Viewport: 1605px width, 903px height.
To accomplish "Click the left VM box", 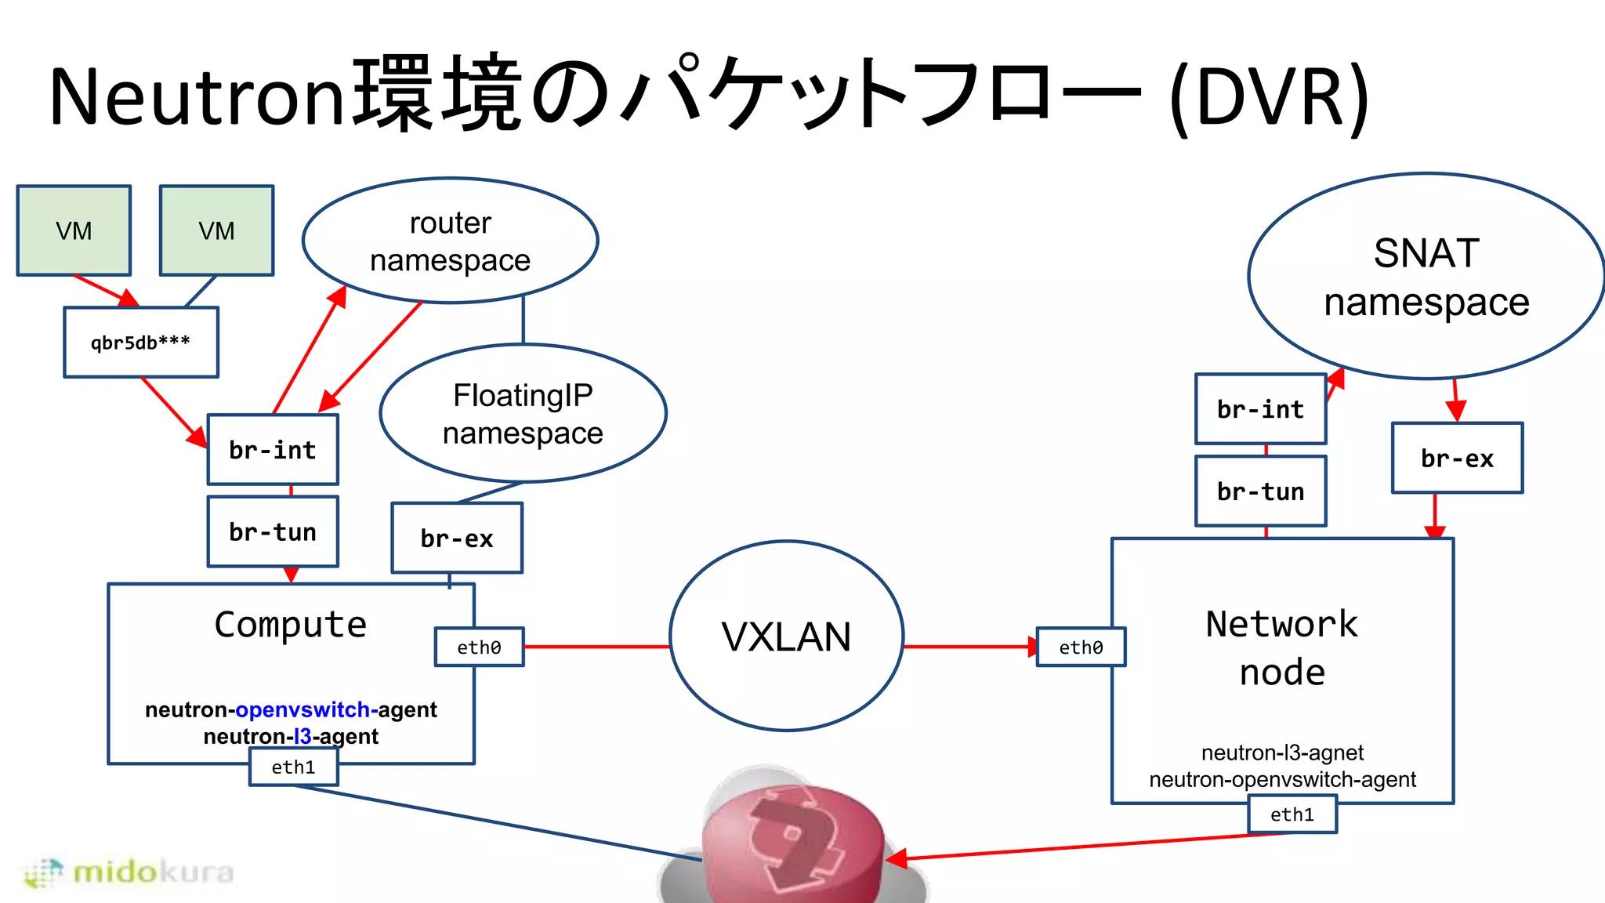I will click(x=74, y=230).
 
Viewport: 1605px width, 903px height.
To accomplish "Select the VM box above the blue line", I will click(x=216, y=230).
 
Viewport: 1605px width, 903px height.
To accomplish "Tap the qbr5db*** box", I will click(x=141, y=343).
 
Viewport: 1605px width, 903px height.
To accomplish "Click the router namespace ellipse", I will click(x=450, y=241).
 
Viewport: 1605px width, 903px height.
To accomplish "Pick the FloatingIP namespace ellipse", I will click(x=523, y=414).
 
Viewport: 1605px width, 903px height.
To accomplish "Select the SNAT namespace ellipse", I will click(x=1426, y=277).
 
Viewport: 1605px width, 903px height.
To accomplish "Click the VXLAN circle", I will click(x=786, y=636).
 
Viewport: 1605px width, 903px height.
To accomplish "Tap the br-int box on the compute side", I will click(x=273, y=450).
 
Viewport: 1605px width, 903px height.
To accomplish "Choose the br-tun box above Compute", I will click(x=273, y=532).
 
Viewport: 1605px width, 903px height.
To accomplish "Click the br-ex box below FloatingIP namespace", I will click(x=457, y=539).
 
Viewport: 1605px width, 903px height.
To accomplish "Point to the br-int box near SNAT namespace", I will click(x=1260, y=409).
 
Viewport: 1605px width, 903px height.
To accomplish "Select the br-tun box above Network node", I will click(x=1260, y=491).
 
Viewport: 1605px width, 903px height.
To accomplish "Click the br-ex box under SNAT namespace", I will click(x=1457, y=459).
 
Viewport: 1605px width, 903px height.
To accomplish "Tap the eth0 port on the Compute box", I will click(x=479, y=647).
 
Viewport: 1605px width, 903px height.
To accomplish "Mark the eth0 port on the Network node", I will click(x=1081, y=647).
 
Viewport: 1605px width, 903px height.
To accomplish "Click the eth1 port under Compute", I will click(x=293, y=767).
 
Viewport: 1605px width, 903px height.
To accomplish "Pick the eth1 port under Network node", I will click(x=1292, y=814).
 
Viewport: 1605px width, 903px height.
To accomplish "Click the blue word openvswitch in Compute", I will click(x=303, y=709).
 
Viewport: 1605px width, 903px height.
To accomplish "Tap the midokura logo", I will click(x=129, y=872).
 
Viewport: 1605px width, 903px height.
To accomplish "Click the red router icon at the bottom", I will click(x=793, y=843).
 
